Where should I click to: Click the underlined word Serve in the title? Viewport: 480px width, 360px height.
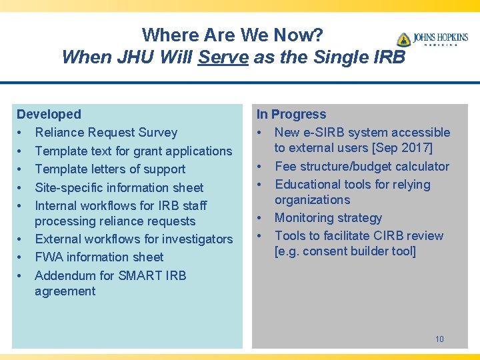(223, 57)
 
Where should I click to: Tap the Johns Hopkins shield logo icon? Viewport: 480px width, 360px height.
(403, 40)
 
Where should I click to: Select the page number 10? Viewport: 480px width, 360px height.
(439, 339)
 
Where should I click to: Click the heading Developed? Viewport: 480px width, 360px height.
(49, 115)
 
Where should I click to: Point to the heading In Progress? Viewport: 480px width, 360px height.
(291, 115)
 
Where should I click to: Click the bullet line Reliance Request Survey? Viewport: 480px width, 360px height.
(106, 133)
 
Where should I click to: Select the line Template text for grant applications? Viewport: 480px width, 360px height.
(133, 151)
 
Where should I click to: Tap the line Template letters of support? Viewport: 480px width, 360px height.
(110, 169)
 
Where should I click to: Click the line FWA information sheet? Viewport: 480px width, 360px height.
(99, 257)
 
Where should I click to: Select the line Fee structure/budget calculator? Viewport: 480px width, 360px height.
(362, 166)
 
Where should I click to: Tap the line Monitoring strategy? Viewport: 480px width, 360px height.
(328, 217)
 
